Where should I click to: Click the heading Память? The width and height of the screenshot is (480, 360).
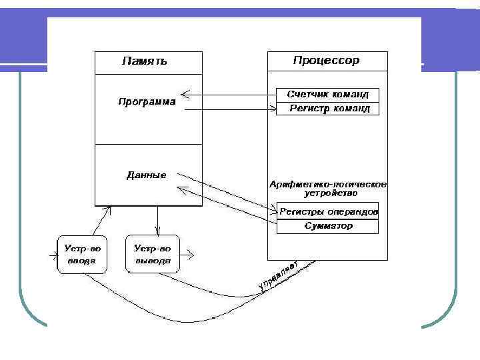[x=144, y=61]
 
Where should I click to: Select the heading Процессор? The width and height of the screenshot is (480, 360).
[x=326, y=61]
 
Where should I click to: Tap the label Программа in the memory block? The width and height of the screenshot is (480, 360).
[x=147, y=102]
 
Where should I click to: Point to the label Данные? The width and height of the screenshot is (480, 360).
[x=147, y=175]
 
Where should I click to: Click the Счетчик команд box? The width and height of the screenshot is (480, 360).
[x=327, y=95]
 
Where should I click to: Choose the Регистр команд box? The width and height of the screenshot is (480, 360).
[x=327, y=109]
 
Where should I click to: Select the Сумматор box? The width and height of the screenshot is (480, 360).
[x=327, y=227]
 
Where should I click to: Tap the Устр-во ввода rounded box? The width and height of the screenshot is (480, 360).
[x=81, y=254]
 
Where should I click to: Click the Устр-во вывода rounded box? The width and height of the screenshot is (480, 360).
[x=153, y=254]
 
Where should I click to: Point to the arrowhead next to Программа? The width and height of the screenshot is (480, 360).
[x=185, y=94]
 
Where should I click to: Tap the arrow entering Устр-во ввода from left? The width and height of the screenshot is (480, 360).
[x=51, y=254]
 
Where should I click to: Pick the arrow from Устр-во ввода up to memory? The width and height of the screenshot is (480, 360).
[x=100, y=220]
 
